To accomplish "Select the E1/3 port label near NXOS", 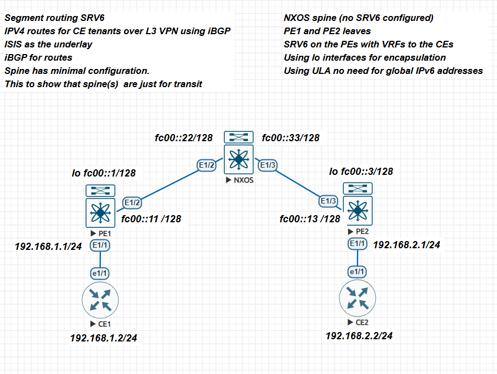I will (x=268, y=164).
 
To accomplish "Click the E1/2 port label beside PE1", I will (x=132, y=202).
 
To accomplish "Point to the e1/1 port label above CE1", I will (x=100, y=273).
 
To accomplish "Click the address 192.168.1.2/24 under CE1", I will (x=104, y=338).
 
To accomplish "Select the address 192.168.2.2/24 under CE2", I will (x=359, y=335).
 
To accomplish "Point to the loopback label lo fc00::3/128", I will (x=361, y=172).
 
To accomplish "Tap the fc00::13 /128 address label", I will (x=310, y=219).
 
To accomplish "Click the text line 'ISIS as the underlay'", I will (x=48, y=44).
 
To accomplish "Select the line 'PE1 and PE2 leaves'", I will (x=327, y=31).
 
